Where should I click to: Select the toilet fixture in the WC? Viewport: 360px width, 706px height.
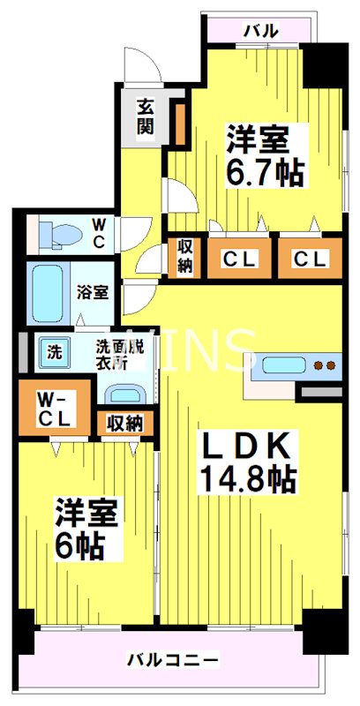coord(62,235)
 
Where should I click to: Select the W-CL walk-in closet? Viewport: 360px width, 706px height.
coord(55,409)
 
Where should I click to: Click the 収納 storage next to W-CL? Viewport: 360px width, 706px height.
coord(124,423)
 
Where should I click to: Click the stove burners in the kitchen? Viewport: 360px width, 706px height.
coord(326,364)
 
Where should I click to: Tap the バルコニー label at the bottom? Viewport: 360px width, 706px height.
coord(173,659)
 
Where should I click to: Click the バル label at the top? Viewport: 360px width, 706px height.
coord(261,30)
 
